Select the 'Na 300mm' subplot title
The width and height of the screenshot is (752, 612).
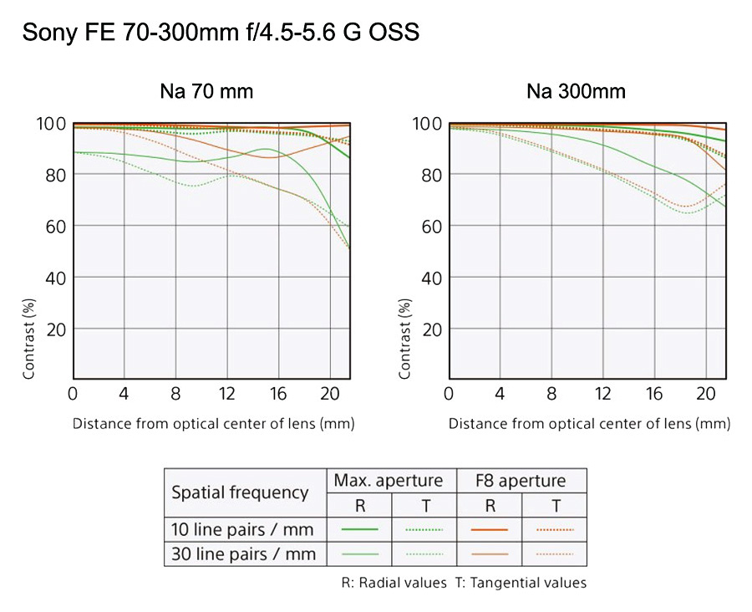(576, 91)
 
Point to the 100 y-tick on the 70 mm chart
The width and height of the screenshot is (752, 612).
(51, 124)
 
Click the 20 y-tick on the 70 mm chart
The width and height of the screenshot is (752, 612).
(55, 329)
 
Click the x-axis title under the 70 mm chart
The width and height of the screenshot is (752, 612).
(213, 423)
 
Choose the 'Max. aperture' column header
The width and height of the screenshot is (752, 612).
(389, 481)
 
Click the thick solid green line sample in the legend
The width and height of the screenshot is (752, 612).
(360, 529)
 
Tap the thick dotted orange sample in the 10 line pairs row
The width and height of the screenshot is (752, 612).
(553, 529)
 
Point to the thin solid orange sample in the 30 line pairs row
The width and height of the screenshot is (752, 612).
(490, 553)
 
